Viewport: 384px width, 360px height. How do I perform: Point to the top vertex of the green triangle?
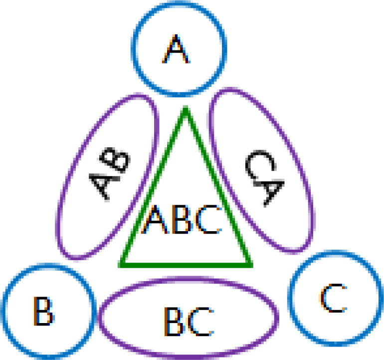click(186, 108)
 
